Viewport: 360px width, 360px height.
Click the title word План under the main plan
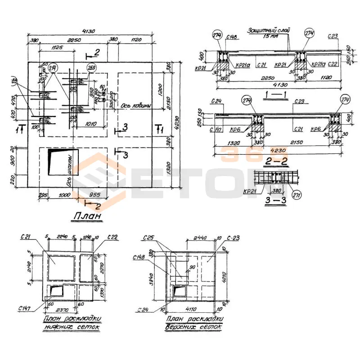pyautogui.click(x=85, y=217)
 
